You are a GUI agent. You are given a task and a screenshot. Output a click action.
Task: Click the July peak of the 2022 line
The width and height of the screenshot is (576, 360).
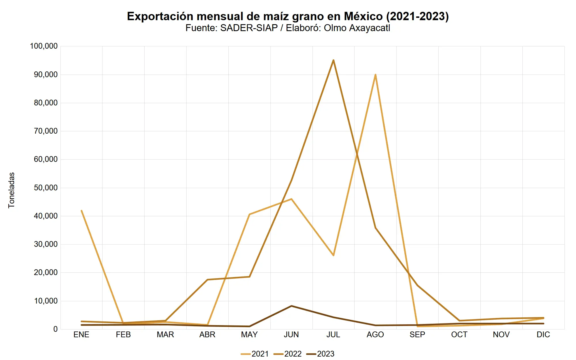pyautogui.click(x=333, y=60)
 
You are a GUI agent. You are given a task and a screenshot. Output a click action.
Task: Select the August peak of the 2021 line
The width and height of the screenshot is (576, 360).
pyautogui.click(x=375, y=75)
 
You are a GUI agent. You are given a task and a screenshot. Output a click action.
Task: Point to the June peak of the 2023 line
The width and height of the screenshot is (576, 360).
pyautogui.click(x=291, y=306)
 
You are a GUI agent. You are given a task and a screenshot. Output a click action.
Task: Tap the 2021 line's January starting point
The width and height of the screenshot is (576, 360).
pyautogui.click(x=82, y=211)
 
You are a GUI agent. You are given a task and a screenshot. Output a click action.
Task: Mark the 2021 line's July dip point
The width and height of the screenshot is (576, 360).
pyautogui.click(x=334, y=255)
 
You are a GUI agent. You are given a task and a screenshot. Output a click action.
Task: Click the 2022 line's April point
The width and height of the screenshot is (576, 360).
pyautogui.click(x=207, y=280)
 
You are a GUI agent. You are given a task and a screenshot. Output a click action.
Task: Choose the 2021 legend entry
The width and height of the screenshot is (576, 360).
pyautogui.click(x=255, y=354)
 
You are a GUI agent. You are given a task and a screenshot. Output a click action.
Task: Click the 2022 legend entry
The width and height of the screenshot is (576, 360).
pyautogui.click(x=288, y=354)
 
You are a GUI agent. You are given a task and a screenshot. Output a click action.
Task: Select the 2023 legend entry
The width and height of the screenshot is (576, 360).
pyautogui.click(x=321, y=354)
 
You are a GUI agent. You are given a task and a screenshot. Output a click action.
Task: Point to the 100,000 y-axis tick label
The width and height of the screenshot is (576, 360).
pyautogui.click(x=44, y=46)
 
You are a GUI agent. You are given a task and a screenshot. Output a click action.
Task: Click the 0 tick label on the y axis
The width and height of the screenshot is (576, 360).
pyautogui.click(x=55, y=329)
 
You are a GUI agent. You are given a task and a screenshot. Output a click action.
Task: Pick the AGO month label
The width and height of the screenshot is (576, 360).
pyautogui.click(x=375, y=335)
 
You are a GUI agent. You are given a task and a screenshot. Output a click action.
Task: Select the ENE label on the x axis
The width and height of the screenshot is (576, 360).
pyautogui.click(x=82, y=335)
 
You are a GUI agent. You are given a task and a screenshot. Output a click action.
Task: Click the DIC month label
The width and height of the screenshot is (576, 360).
pyautogui.click(x=543, y=335)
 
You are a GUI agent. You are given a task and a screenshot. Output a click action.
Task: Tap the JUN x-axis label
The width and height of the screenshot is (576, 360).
pyautogui.click(x=291, y=335)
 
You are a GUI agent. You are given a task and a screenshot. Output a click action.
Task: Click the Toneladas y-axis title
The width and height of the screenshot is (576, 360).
pyautogui.click(x=12, y=190)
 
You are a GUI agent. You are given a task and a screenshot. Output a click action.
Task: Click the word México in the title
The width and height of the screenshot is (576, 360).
pyautogui.click(x=363, y=16)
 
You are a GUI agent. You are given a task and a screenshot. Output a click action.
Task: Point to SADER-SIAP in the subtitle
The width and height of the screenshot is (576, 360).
pyautogui.click(x=249, y=28)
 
